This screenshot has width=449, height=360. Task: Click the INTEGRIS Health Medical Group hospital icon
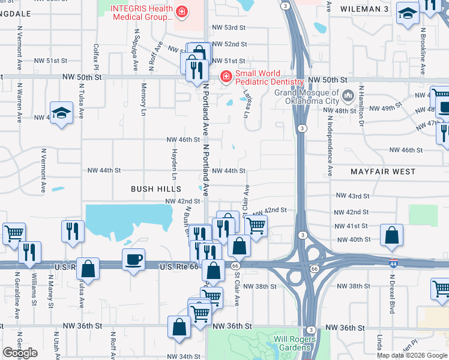[x=181, y=11]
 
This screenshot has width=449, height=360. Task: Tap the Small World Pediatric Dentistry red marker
[x=226, y=77]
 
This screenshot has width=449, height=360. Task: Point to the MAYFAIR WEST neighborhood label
[x=382, y=172]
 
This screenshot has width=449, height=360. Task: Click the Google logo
[x=20, y=352]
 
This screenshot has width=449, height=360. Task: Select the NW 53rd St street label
[x=229, y=28]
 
